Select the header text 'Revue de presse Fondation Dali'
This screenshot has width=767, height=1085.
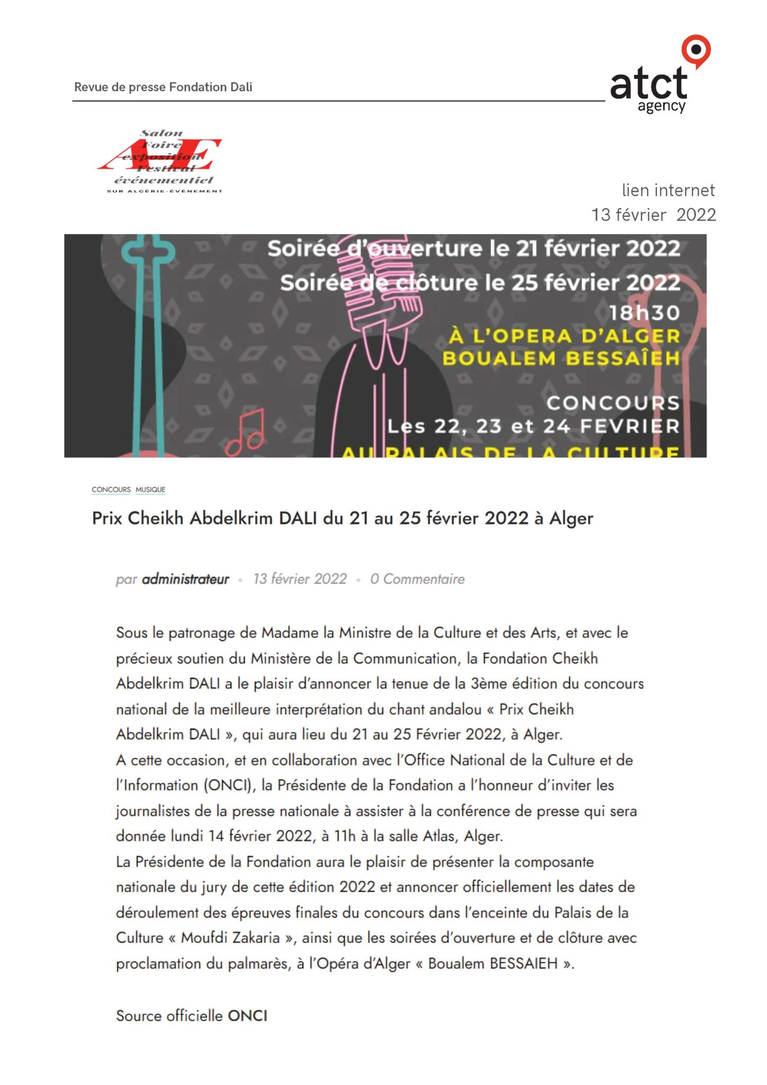point(163,87)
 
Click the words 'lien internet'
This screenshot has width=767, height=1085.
point(668,190)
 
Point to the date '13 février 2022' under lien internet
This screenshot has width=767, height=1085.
point(653,215)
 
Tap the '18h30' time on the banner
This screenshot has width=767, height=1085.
point(644,313)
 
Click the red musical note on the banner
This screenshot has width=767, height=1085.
point(245,434)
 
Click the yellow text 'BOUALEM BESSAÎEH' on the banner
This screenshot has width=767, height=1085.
point(561,359)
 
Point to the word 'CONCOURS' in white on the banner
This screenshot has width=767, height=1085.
point(613,403)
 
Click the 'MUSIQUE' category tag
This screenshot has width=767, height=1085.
point(150,490)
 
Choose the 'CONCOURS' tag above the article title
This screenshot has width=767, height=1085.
point(111,490)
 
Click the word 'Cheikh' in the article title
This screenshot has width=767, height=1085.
point(156,518)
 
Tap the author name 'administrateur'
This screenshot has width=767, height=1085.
point(185,579)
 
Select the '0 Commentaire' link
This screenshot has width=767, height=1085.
point(417,579)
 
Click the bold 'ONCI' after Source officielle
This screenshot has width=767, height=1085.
point(247,1016)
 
